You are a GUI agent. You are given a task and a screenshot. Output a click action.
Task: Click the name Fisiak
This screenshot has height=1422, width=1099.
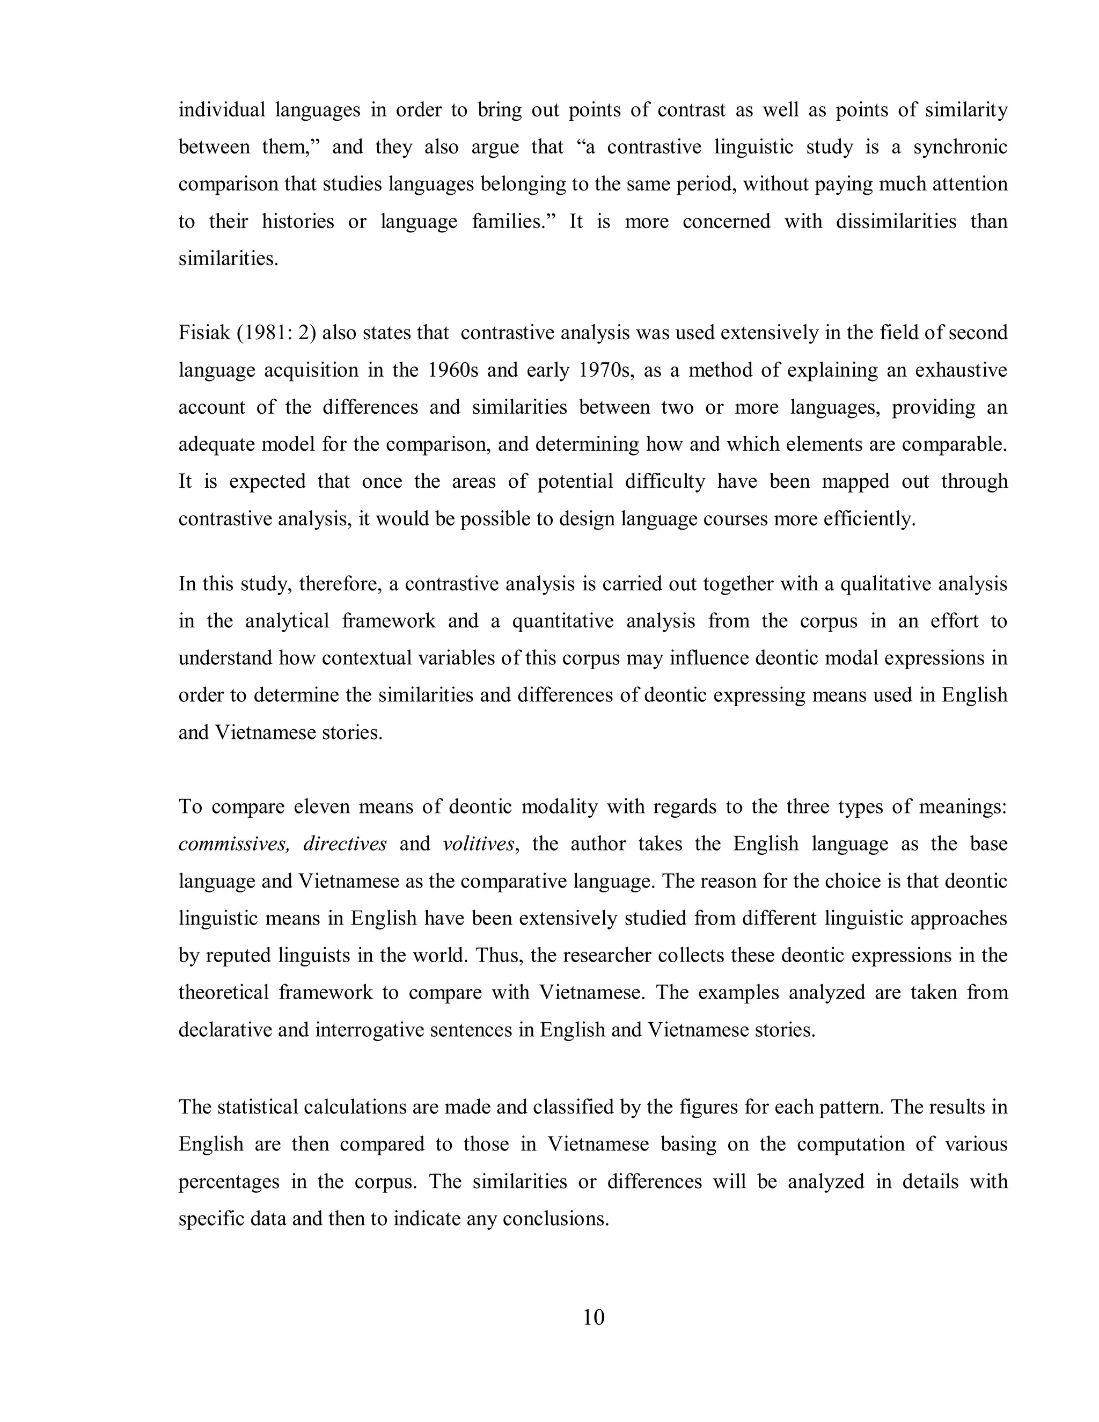click(204, 333)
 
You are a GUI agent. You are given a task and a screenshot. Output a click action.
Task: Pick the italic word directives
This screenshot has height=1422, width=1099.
click(345, 844)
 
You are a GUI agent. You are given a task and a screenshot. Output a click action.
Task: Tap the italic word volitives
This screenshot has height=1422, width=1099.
click(479, 844)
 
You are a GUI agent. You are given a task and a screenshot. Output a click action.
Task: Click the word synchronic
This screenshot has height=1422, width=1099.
click(961, 147)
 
